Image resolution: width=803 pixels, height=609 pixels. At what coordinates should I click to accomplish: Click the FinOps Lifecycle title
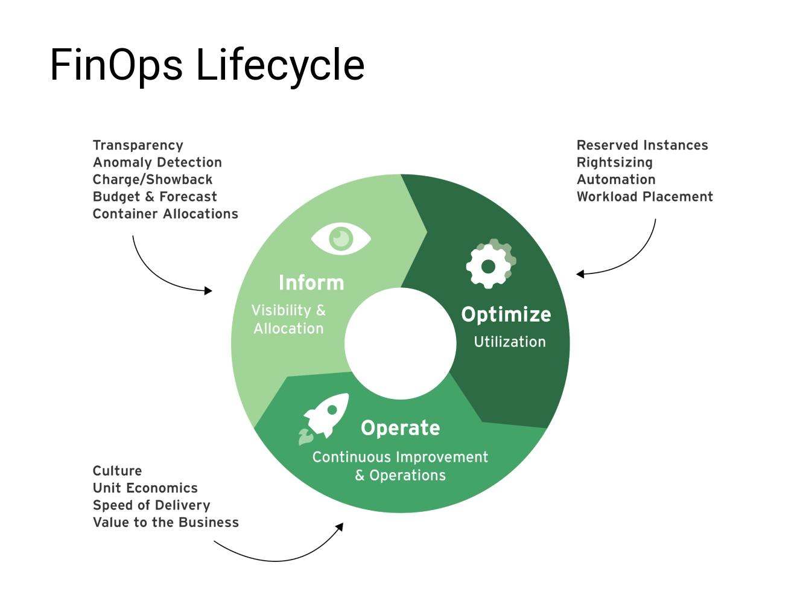(x=207, y=65)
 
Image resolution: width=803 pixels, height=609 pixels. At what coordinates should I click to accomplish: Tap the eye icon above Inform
(x=341, y=238)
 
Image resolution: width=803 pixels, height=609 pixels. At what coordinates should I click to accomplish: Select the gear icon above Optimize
(x=489, y=264)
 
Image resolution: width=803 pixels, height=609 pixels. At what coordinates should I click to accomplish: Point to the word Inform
(x=311, y=282)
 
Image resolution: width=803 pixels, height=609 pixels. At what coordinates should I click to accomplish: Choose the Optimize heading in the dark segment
(x=506, y=314)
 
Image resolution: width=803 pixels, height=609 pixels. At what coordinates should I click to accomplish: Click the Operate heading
(x=400, y=428)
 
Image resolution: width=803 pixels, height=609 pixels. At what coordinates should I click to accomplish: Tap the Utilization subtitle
(x=509, y=342)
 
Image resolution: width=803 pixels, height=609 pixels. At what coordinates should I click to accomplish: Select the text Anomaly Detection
(x=157, y=162)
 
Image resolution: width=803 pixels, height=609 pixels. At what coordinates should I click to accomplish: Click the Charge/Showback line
(x=152, y=179)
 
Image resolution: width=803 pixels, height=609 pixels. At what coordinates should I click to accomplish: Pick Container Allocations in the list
(x=165, y=214)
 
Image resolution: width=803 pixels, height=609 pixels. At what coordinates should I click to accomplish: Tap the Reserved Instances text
(x=642, y=145)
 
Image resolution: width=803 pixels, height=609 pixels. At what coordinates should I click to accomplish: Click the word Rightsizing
(x=614, y=162)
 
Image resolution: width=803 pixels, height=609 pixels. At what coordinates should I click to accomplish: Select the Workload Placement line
(x=644, y=197)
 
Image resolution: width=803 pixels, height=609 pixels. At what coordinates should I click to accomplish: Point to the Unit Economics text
(x=145, y=488)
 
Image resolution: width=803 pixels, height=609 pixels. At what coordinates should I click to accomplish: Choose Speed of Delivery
(x=151, y=505)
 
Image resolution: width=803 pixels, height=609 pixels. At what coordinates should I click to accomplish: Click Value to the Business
(x=165, y=522)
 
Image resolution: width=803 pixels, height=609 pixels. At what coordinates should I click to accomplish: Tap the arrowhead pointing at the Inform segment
(x=208, y=291)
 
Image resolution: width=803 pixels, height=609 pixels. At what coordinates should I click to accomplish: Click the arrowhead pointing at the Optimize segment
(x=580, y=274)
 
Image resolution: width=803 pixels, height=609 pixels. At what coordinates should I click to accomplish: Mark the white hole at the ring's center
(x=400, y=343)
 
